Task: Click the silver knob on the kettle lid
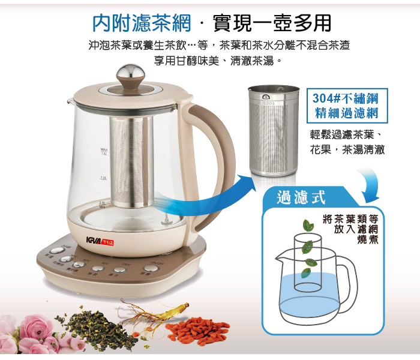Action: click(x=130, y=74)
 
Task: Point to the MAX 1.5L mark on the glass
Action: click(x=104, y=151)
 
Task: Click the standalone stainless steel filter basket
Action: click(x=273, y=132)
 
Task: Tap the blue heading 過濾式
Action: click(x=301, y=197)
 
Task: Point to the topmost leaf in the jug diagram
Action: click(x=308, y=226)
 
